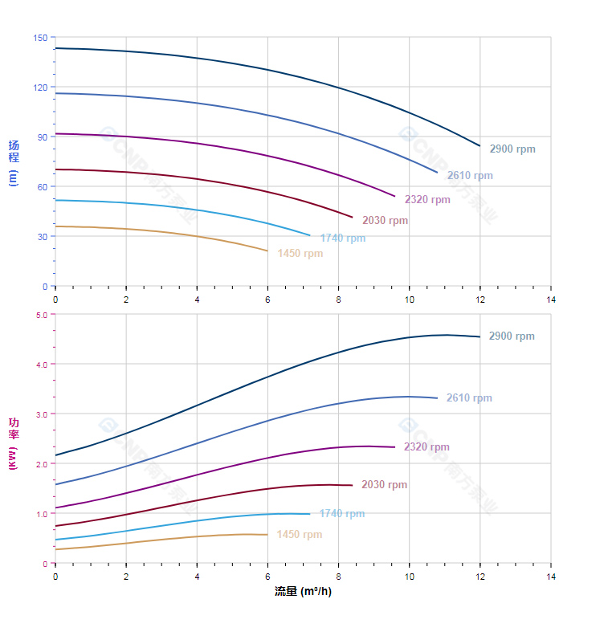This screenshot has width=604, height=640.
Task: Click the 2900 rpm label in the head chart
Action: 512,149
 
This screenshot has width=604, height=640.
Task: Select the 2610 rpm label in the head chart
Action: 470,176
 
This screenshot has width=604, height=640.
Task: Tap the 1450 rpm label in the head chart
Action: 300,254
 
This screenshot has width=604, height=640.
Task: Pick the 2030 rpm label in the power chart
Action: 384,485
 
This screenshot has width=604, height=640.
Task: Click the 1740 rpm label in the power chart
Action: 341,514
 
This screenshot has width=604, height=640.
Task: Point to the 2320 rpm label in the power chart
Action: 426,447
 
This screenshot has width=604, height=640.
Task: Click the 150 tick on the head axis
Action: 40,38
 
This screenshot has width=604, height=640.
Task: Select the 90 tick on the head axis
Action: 43,137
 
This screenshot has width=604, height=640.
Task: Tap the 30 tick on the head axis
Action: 43,237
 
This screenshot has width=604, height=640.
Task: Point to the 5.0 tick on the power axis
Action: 42,315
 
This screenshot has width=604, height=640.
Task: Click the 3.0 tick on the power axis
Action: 42,414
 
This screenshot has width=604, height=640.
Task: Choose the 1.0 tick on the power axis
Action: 42,514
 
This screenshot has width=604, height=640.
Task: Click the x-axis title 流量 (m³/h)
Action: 303,592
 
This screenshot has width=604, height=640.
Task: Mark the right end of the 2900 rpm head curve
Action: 480,146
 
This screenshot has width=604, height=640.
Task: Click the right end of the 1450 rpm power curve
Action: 267,535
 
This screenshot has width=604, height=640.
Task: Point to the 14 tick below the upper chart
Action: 551,299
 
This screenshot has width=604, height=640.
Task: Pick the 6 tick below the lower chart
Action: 267,577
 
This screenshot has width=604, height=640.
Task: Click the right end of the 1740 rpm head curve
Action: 310,235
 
